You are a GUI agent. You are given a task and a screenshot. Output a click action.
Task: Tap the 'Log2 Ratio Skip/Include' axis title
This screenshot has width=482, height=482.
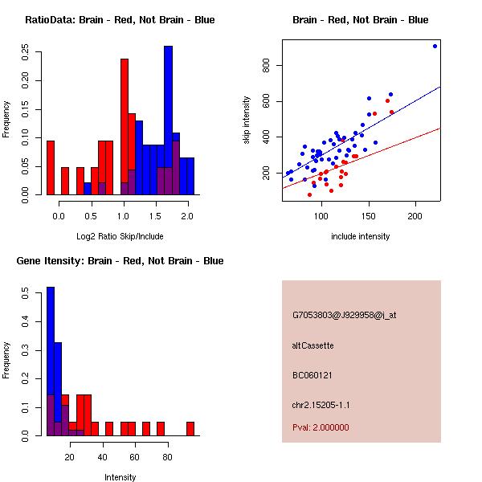120,236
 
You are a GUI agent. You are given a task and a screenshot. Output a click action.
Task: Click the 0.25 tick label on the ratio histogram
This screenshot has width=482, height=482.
27,52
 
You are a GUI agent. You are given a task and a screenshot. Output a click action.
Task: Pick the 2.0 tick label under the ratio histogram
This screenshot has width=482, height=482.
186,215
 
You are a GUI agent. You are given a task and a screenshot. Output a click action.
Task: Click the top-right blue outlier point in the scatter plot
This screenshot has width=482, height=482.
435,46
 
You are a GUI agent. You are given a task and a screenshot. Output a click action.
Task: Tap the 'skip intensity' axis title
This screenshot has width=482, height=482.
247,120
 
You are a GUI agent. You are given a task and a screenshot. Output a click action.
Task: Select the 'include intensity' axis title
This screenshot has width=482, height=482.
361,236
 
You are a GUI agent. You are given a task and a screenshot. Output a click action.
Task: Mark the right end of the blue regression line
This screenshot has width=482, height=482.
440,87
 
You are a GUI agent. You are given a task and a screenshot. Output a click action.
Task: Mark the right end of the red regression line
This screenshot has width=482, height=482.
440,128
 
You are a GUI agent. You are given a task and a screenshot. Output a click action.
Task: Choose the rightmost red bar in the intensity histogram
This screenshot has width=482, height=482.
190,428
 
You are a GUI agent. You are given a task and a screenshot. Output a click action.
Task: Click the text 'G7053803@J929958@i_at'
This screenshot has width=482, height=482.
345,315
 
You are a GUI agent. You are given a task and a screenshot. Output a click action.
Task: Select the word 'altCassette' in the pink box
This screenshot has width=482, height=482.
313,345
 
